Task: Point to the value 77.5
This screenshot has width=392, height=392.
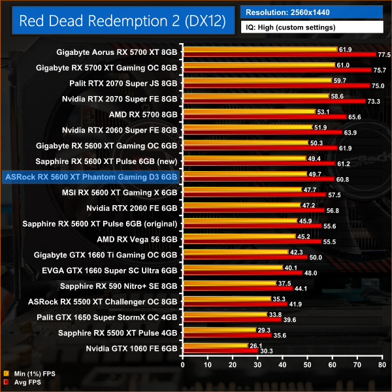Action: [384, 55]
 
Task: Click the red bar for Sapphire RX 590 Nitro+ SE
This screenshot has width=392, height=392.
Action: [235, 289]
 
